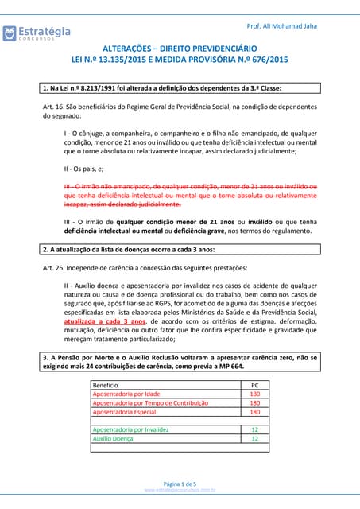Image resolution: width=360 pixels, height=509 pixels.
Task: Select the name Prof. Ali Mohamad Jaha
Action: [282, 26]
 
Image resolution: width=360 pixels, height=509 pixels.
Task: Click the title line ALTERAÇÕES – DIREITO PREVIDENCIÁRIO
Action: [180, 48]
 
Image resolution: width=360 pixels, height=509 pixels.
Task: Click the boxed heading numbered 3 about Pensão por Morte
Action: [180, 362]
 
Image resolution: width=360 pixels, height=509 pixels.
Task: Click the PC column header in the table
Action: [254, 384]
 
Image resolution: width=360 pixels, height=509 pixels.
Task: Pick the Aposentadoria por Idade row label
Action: [126, 394]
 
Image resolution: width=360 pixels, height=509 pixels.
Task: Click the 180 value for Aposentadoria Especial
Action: [254, 412]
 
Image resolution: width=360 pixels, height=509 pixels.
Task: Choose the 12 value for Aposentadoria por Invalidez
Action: [254, 429]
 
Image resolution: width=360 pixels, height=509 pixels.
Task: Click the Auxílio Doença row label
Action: [114, 438]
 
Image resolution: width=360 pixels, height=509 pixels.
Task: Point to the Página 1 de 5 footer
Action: [180, 484]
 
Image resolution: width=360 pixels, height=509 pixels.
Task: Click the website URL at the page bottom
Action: [180, 491]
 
